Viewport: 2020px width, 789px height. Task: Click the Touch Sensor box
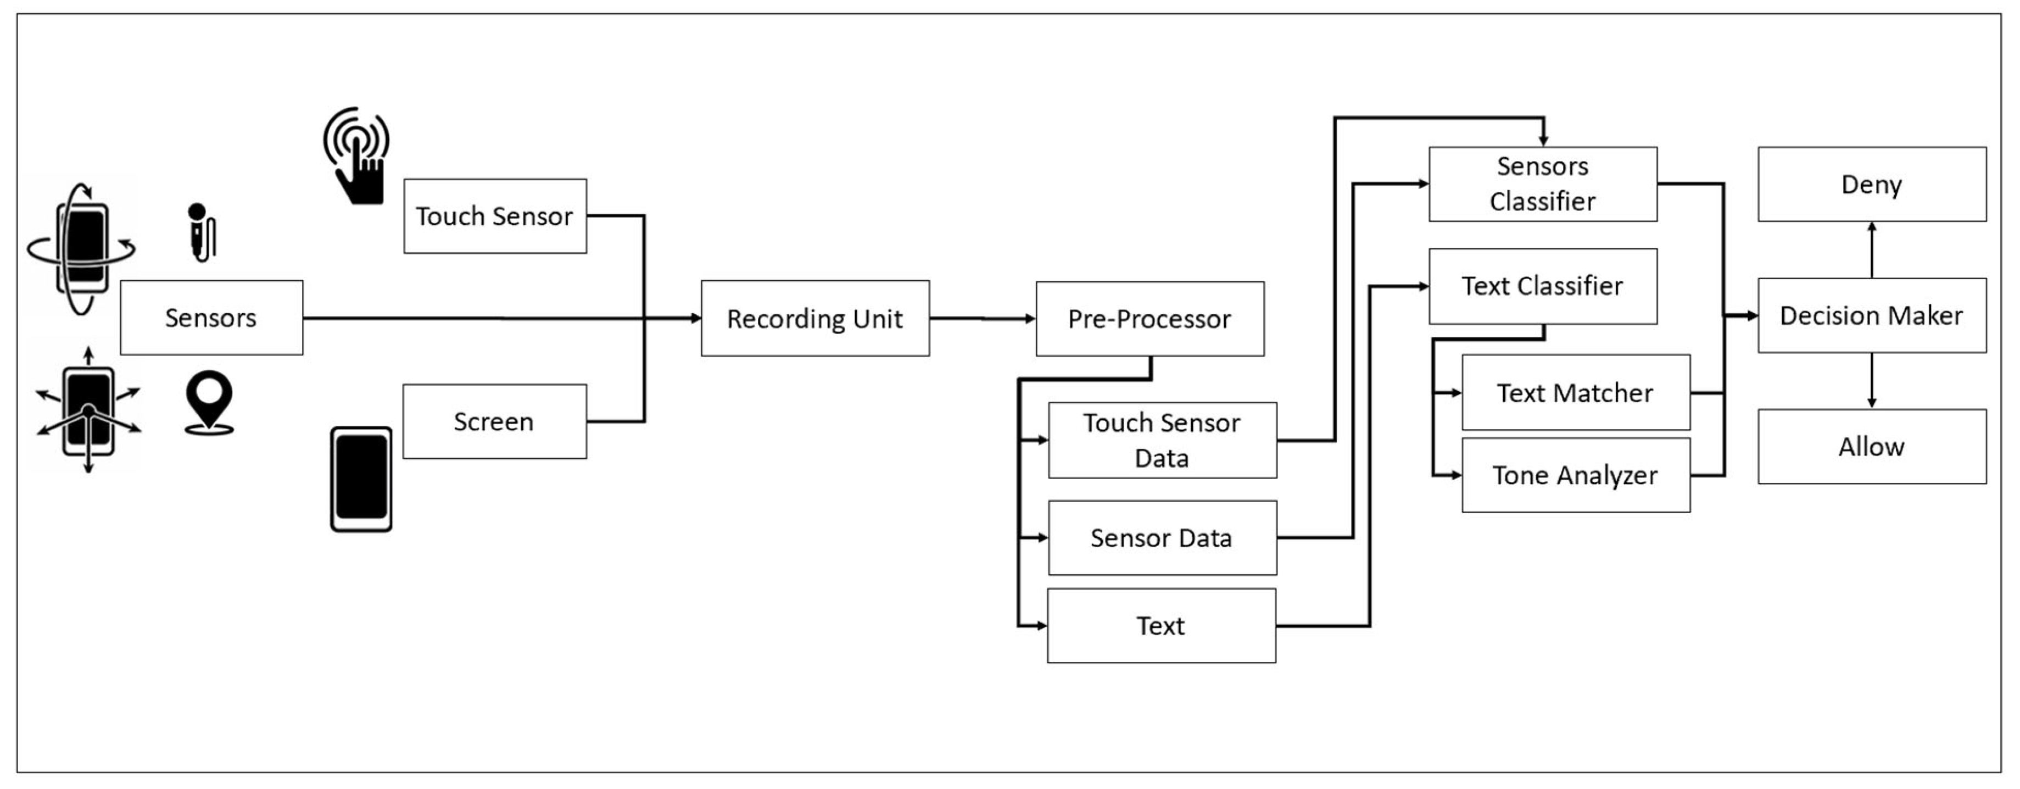(x=495, y=216)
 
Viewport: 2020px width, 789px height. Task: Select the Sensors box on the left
(x=211, y=318)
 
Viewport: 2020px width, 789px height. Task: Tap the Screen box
(x=494, y=421)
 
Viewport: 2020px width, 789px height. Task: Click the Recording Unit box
(x=814, y=319)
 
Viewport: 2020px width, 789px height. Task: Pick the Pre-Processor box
(x=1149, y=319)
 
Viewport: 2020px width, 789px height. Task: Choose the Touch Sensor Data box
(x=1162, y=440)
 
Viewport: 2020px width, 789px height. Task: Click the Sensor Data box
(x=1162, y=537)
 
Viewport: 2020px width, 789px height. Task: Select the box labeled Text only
(x=1160, y=625)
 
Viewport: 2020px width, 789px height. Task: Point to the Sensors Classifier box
(x=1542, y=184)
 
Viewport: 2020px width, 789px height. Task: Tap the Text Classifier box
(x=1542, y=286)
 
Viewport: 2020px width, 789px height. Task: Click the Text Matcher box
(x=1575, y=392)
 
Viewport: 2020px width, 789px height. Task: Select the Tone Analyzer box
(x=1575, y=475)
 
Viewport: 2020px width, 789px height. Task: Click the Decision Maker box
(x=1871, y=315)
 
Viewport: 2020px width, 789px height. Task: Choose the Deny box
(x=1871, y=184)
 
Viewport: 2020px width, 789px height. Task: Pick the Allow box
(x=1871, y=446)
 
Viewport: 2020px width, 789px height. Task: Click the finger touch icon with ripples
(x=358, y=157)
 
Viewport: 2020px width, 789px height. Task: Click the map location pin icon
(x=209, y=402)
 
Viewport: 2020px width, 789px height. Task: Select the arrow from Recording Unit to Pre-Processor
(x=982, y=319)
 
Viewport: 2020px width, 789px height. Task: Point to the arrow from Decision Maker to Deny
(x=1872, y=249)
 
